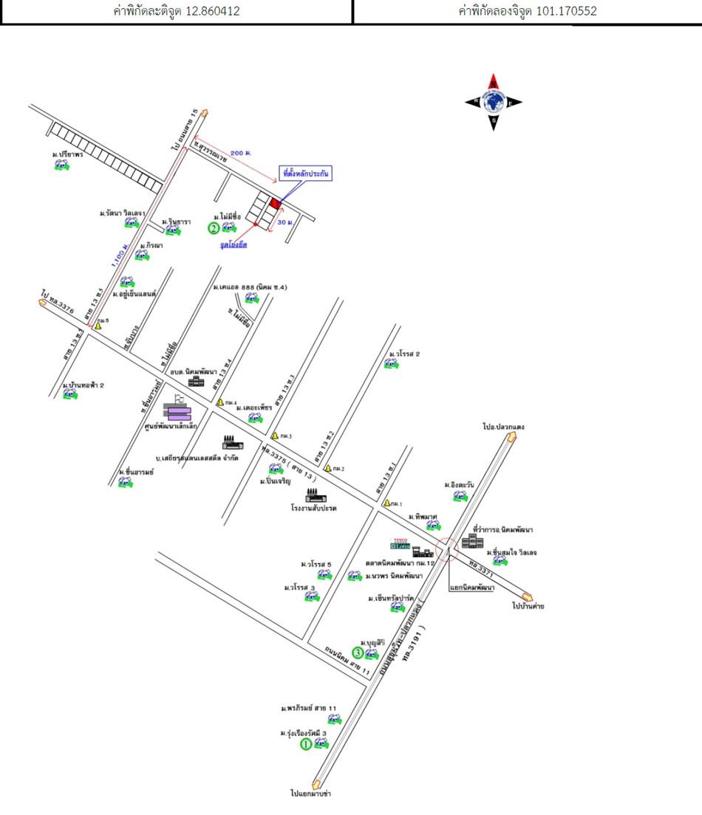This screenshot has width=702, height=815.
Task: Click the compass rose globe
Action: (493, 102)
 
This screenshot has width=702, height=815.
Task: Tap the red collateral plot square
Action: (275, 203)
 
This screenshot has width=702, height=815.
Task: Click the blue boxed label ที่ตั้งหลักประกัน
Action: (305, 173)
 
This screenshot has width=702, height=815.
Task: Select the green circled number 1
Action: (305, 745)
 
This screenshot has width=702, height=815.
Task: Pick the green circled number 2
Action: (214, 228)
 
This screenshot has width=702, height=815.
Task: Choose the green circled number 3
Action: (357, 653)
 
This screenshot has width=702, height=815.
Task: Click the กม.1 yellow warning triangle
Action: (386, 503)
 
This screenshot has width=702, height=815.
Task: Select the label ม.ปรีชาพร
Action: (66, 154)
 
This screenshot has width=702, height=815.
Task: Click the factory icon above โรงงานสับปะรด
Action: (311, 495)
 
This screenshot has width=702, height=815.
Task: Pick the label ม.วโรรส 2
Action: (404, 354)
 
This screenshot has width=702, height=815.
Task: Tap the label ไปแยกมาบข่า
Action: (310, 794)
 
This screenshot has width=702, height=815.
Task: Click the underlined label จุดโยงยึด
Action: (233, 244)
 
